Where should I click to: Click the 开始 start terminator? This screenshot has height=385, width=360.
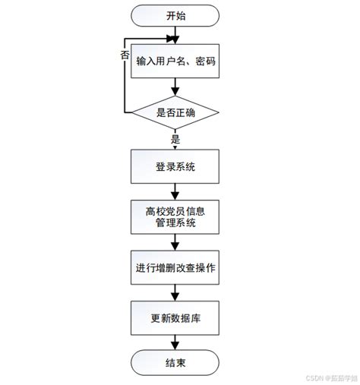pos(175,15)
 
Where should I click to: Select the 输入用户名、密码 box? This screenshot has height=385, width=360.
pos(175,64)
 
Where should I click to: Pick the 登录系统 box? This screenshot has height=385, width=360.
pos(175,166)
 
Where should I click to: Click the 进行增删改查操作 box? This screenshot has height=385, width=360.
pos(175,267)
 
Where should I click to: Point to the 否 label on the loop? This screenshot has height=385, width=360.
pos(125,55)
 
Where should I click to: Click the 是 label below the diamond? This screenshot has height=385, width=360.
pos(175,139)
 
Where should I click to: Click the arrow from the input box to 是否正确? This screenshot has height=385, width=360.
pos(175,90)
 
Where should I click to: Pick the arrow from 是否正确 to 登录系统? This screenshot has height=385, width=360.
pos(175,144)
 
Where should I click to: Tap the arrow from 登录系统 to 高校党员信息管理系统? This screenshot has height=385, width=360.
pos(175,192)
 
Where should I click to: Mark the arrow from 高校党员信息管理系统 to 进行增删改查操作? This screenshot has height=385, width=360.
pos(175,242)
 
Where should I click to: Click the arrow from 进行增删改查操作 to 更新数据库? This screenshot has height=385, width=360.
pos(175,292)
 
